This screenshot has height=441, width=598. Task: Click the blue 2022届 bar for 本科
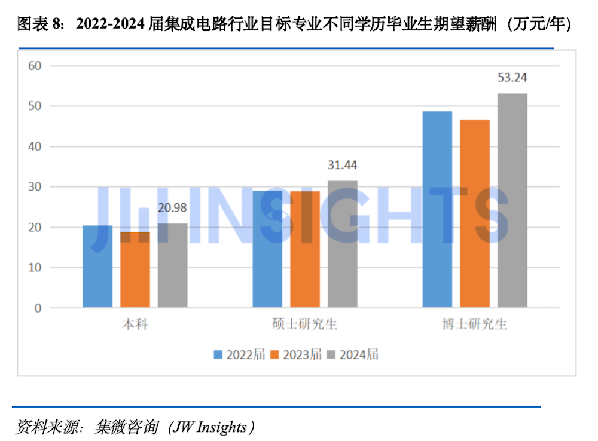tap(97, 267)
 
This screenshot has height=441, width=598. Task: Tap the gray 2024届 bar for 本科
tap(173, 266)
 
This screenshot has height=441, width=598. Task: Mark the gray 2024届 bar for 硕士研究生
tap(343, 244)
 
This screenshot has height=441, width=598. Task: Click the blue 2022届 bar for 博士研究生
tap(437, 209)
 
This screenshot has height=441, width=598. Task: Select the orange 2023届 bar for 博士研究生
tap(475, 214)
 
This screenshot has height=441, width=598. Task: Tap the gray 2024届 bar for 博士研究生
tap(512, 200)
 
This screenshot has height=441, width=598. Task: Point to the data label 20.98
tap(173, 207)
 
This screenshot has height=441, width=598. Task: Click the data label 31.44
tap(343, 165)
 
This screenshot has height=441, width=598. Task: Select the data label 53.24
tap(512, 78)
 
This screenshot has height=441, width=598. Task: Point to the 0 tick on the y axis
tap(38, 308)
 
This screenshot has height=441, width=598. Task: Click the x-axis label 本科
tap(135, 325)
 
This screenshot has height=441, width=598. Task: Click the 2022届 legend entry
tap(239, 354)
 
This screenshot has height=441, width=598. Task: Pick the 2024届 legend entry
tap(353, 354)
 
